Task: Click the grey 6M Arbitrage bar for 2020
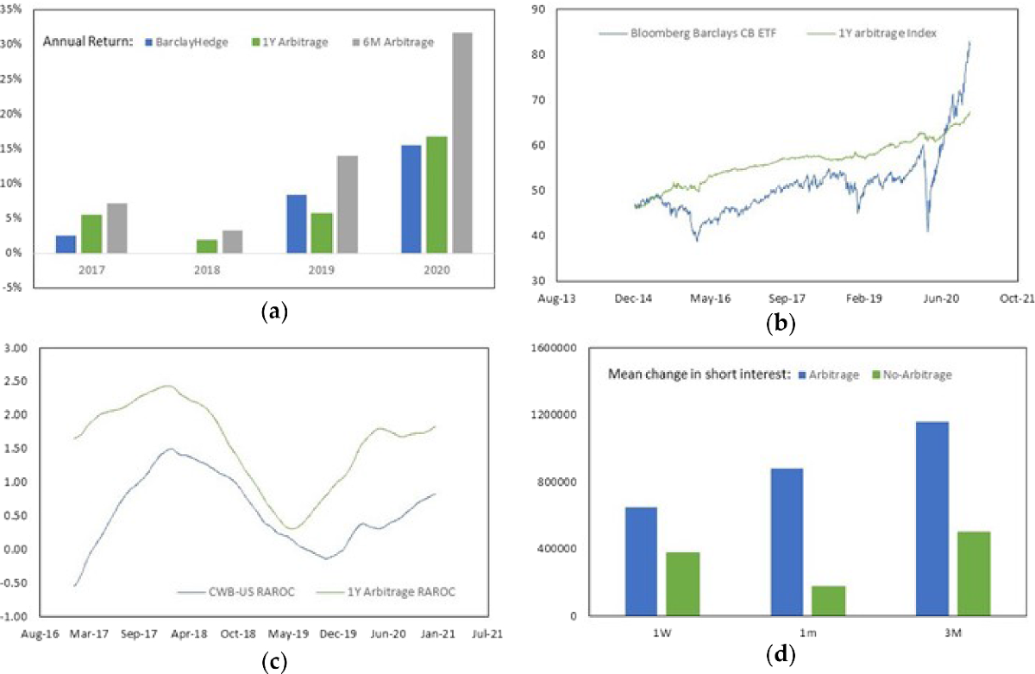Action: click(x=461, y=143)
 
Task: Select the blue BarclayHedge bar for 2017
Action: click(x=66, y=244)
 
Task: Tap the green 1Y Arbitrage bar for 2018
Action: click(x=206, y=247)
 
